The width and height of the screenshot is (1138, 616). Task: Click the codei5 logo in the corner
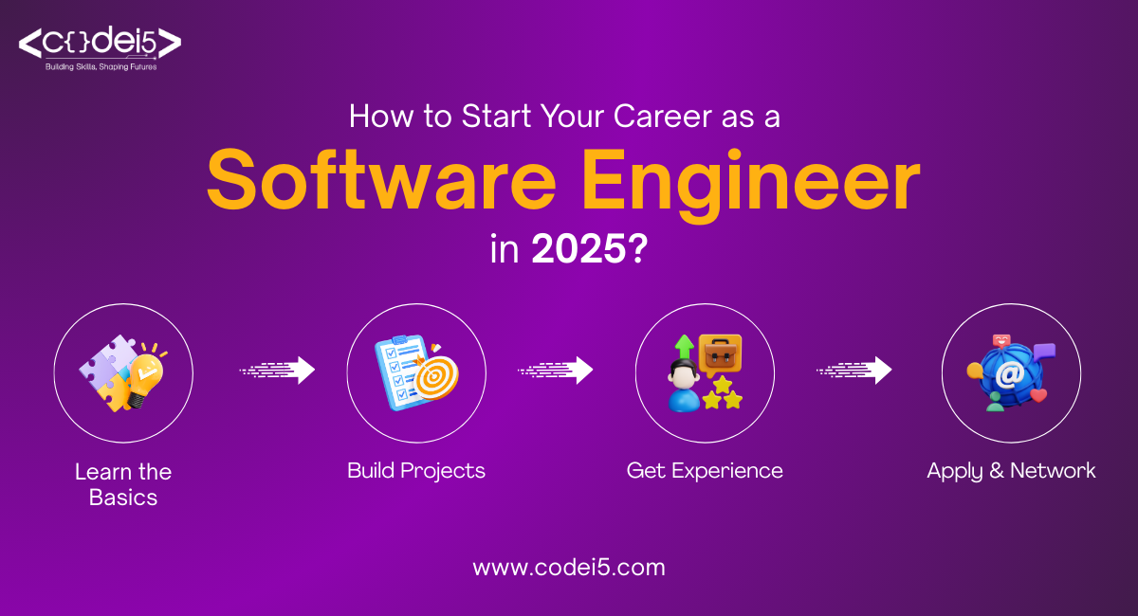pyautogui.click(x=100, y=44)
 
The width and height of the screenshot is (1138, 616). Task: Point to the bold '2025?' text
pyautogui.click(x=589, y=250)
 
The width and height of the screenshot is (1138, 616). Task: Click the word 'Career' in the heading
pyautogui.click(x=644, y=117)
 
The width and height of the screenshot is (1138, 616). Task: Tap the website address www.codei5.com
pyautogui.click(x=569, y=568)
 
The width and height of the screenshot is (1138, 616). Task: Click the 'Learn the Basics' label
pyautogui.click(x=123, y=483)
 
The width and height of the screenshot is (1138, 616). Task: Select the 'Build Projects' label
pyautogui.click(x=415, y=470)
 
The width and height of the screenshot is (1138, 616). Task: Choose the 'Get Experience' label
pyautogui.click(x=705, y=470)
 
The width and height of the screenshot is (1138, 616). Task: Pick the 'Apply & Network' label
pyautogui.click(x=1011, y=470)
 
